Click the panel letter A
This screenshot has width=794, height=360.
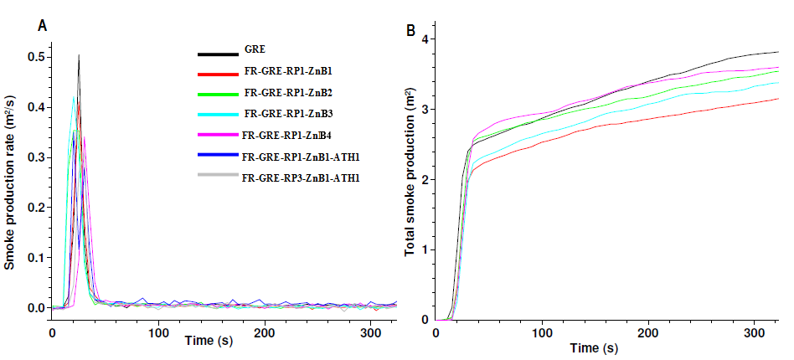[x=42, y=27]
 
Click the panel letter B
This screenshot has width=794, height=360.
[x=410, y=31]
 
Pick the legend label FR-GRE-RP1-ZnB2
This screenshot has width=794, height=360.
[x=283, y=91]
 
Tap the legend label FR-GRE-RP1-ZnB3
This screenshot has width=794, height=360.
[x=284, y=113]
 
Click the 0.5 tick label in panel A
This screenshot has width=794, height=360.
[x=35, y=57]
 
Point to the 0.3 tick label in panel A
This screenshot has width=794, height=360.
[x=35, y=157]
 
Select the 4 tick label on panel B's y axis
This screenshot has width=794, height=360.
[x=425, y=39]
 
